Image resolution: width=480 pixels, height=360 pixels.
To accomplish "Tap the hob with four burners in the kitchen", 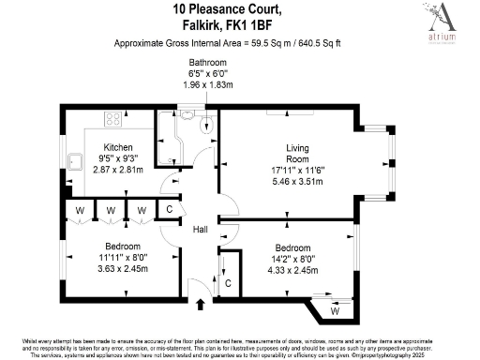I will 113,119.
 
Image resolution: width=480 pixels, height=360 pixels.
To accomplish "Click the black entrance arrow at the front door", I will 200,302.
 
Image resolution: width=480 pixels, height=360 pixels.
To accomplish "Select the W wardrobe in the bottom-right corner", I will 336,309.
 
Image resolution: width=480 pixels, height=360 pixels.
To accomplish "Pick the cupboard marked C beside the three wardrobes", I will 168,210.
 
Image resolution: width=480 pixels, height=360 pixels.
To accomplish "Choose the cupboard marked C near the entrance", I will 227,282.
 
